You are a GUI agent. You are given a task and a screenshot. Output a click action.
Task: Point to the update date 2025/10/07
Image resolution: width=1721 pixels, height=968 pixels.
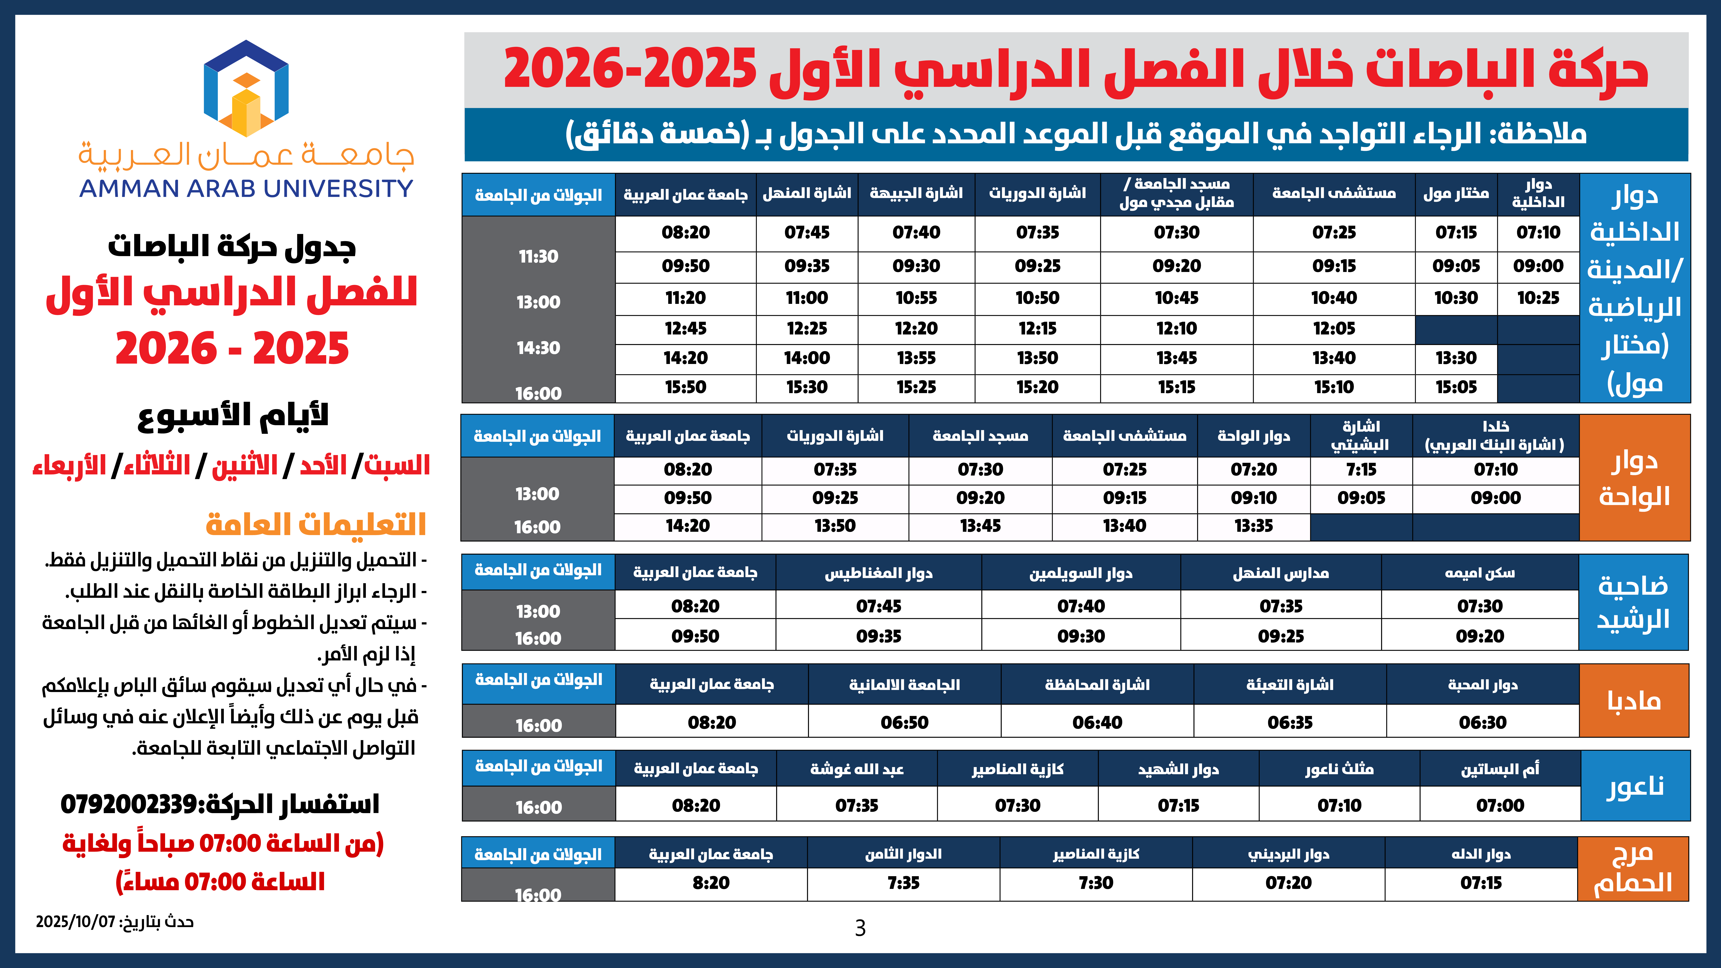pyautogui.click(x=75, y=922)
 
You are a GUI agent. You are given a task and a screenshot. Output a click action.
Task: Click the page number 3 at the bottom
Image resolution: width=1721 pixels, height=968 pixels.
pyautogui.click(x=860, y=928)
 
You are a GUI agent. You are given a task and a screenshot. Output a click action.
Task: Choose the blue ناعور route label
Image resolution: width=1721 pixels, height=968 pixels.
pyautogui.click(x=1634, y=786)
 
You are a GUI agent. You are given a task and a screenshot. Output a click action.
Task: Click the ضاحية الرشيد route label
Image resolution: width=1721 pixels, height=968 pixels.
pyautogui.click(x=1633, y=602)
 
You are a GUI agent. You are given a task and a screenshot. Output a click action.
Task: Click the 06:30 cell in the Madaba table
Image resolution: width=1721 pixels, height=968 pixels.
pyautogui.click(x=1483, y=722)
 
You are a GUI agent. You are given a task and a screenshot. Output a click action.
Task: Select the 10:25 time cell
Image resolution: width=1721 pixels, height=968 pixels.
pyautogui.click(x=1538, y=298)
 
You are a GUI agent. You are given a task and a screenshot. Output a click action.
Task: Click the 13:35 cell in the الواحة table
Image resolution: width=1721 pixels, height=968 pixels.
pyautogui.click(x=1253, y=526)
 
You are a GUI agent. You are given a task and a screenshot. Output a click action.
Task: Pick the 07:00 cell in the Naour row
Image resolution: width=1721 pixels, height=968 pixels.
pyautogui.click(x=1500, y=805)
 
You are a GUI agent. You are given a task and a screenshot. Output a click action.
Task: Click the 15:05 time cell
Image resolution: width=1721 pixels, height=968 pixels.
pyautogui.click(x=1456, y=387)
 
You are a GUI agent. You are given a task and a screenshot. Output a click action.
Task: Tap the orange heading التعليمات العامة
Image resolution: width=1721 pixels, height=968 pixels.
pyautogui.click(x=315, y=524)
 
